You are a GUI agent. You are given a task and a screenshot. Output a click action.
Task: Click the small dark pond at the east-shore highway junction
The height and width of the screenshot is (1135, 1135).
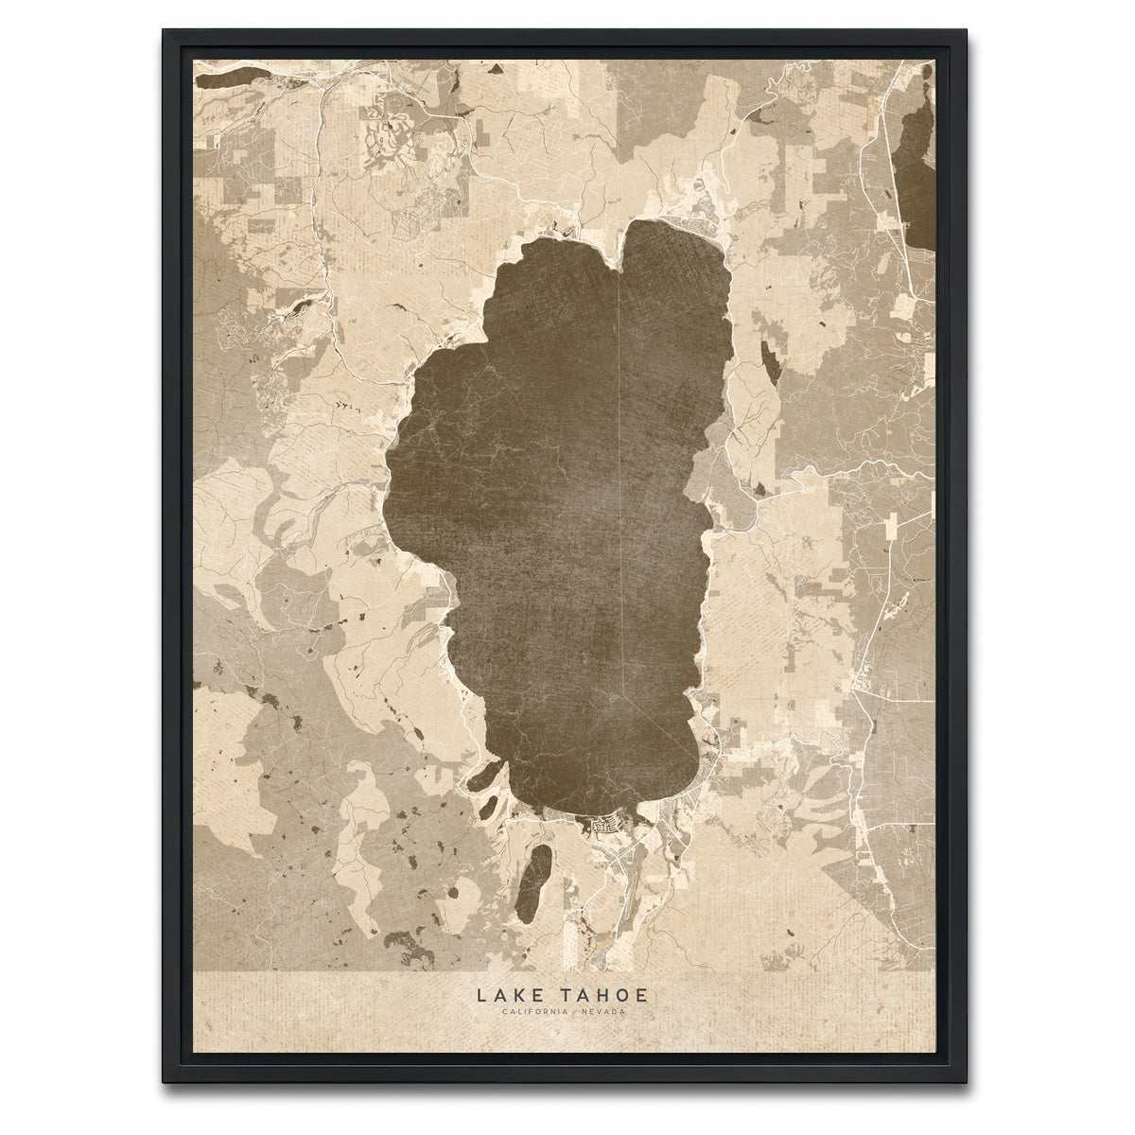pyautogui.click(x=760, y=489)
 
